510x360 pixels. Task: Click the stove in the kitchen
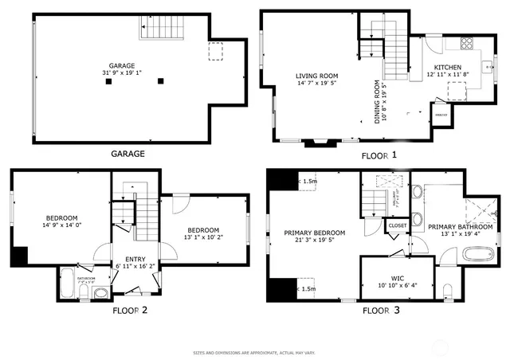pyautogui.click(x=465, y=43)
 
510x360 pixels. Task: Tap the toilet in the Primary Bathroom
pyautogui.click(x=449, y=291)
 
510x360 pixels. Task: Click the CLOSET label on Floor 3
pyautogui.click(x=398, y=225)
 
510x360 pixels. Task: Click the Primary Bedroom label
pyautogui.click(x=313, y=233)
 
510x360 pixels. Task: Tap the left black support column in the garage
pyautogui.click(x=117, y=80)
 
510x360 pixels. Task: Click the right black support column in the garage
pyautogui.click(x=160, y=80)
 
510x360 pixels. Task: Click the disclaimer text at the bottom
pyautogui.click(x=255, y=351)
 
